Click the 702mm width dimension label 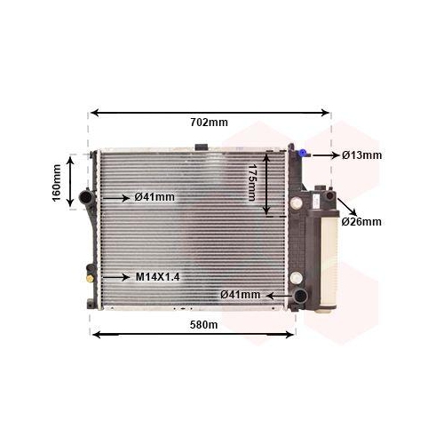209,122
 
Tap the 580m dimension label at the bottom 203,325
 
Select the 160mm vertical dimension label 56,183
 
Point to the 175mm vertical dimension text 252,182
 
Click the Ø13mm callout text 361,155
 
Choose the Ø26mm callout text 361,221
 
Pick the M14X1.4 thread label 157,277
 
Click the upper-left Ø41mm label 155,197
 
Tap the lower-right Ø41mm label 241,295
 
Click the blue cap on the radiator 302,153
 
